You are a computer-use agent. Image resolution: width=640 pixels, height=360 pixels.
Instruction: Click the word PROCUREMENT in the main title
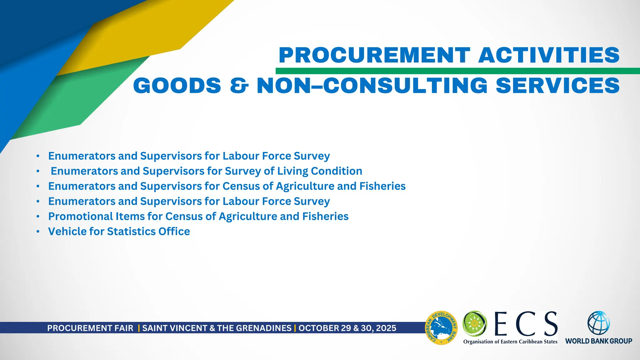(x=374, y=55)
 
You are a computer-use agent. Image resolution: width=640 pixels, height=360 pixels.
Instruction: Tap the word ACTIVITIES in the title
(x=549, y=55)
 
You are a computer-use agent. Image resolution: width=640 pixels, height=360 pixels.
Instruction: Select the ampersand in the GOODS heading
(x=239, y=86)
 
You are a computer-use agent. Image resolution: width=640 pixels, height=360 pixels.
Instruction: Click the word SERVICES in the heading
(x=558, y=86)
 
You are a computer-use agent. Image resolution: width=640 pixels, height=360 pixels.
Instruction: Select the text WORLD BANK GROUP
(x=598, y=341)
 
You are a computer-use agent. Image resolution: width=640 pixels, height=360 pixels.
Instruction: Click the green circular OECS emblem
(x=475, y=323)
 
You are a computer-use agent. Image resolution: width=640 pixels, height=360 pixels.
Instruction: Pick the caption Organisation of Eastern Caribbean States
(x=510, y=342)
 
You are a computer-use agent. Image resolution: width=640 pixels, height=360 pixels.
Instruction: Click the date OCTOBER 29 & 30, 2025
(x=347, y=328)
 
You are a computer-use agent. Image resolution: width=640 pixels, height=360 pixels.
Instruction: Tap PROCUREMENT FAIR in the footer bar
(x=90, y=328)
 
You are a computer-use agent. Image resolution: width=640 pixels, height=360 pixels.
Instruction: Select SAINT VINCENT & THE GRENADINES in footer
(x=217, y=328)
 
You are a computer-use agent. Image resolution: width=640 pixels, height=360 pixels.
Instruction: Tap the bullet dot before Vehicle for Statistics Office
(x=38, y=232)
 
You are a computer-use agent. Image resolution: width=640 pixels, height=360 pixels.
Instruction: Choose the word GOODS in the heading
(x=177, y=86)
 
